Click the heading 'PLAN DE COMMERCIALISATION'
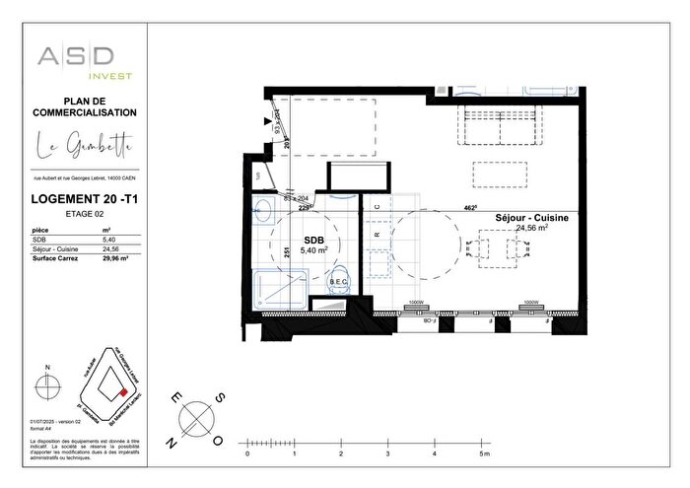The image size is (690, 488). pyautogui.click(x=86, y=106)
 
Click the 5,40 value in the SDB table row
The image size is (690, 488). pyautogui.click(x=110, y=240)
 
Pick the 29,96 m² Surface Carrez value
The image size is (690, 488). pyautogui.click(x=117, y=259)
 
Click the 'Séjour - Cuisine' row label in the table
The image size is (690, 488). pyautogui.click(x=55, y=249)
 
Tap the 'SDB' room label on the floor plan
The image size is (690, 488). pyautogui.click(x=313, y=241)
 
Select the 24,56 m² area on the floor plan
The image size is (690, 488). pyautogui.click(x=532, y=227)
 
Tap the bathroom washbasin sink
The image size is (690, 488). pyautogui.click(x=263, y=208)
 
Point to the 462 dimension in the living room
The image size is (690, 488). pyautogui.click(x=471, y=208)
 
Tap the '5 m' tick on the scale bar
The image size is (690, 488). pyautogui.click(x=481, y=454)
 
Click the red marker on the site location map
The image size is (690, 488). pyautogui.click(x=124, y=387)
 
